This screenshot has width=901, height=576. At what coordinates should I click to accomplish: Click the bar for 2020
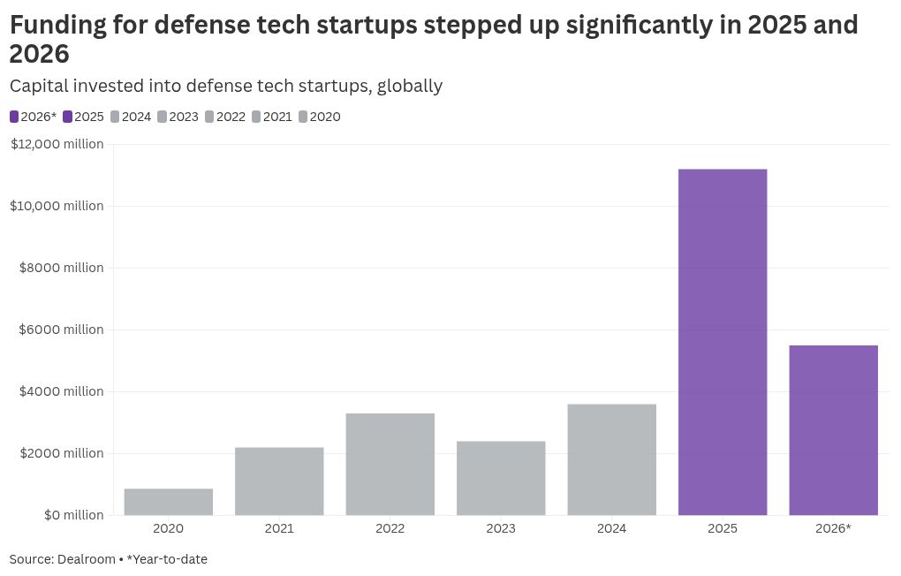[x=168, y=502]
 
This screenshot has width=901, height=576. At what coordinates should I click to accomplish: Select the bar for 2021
[x=279, y=481]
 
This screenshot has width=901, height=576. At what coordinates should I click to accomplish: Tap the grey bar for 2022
[x=390, y=464]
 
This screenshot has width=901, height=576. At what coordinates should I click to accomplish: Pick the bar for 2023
[x=501, y=478]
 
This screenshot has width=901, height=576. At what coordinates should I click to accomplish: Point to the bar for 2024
[x=611, y=459]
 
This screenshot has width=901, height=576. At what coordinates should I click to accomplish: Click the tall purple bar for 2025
[x=723, y=342]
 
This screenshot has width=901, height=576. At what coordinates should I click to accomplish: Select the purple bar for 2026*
[x=833, y=430]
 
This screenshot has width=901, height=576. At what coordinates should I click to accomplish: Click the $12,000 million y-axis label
[x=57, y=144]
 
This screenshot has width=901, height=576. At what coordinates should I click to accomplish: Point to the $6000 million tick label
[x=61, y=330]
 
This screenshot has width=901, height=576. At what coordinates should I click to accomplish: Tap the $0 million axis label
[x=73, y=515]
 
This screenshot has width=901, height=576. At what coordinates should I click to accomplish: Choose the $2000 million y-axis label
[x=61, y=453]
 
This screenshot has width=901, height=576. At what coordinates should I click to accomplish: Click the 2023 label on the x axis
[x=501, y=529]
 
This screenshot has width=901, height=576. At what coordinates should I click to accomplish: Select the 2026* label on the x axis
[x=833, y=529]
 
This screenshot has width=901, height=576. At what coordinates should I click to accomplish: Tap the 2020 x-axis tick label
[x=168, y=529]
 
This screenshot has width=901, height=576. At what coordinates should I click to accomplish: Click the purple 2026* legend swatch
[x=14, y=117]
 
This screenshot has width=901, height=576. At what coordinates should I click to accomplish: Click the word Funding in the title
[x=58, y=25]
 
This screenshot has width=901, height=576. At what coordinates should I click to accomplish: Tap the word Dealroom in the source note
[x=87, y=559]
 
